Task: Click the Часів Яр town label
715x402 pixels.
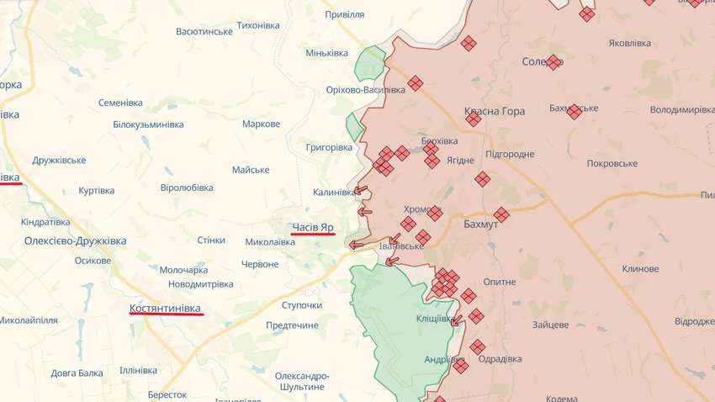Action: coord(313,227)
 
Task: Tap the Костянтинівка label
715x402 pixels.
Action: coord(166,309)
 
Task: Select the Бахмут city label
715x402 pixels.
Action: coord(481,225)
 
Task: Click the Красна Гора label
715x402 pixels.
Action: coord(495,111)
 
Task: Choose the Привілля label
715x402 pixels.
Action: coord(344,14)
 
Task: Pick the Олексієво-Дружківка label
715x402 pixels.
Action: coord(75,241)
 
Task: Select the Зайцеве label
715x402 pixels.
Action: coord(551,325)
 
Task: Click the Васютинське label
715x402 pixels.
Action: coord(204,31)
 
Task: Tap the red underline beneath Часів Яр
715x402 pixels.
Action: coord(313,235)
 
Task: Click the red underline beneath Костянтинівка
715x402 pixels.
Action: coord(166,316)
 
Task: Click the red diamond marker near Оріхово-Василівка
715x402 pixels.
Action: coord(415,83)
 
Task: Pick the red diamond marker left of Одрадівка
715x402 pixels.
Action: coord(477,346)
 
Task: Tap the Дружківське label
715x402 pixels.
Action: coord(59,160)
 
